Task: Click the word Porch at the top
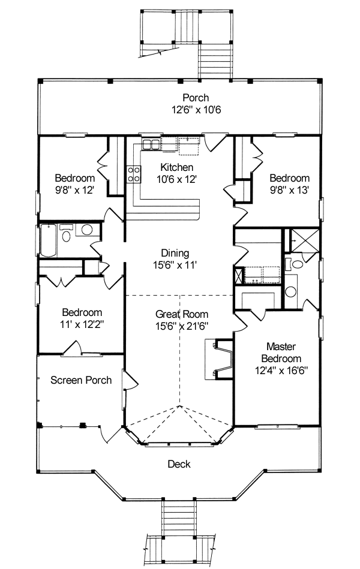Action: pyautogui.click(x=196, y=98)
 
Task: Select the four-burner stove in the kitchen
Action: pyautogui.click(x=134, y=174)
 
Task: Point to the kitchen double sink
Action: pyautogui.click(x=151, y=144)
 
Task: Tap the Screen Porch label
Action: pyautogui.click(x=81, y=380)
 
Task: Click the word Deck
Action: pyautogui.click(x=179, y=463)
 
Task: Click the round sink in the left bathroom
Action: pyautogui.click(x=87, y=230)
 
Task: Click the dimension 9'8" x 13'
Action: pyautogui.click(x=289, y=190)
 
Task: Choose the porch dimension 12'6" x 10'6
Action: pyautogui.click(x=196, y=110)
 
